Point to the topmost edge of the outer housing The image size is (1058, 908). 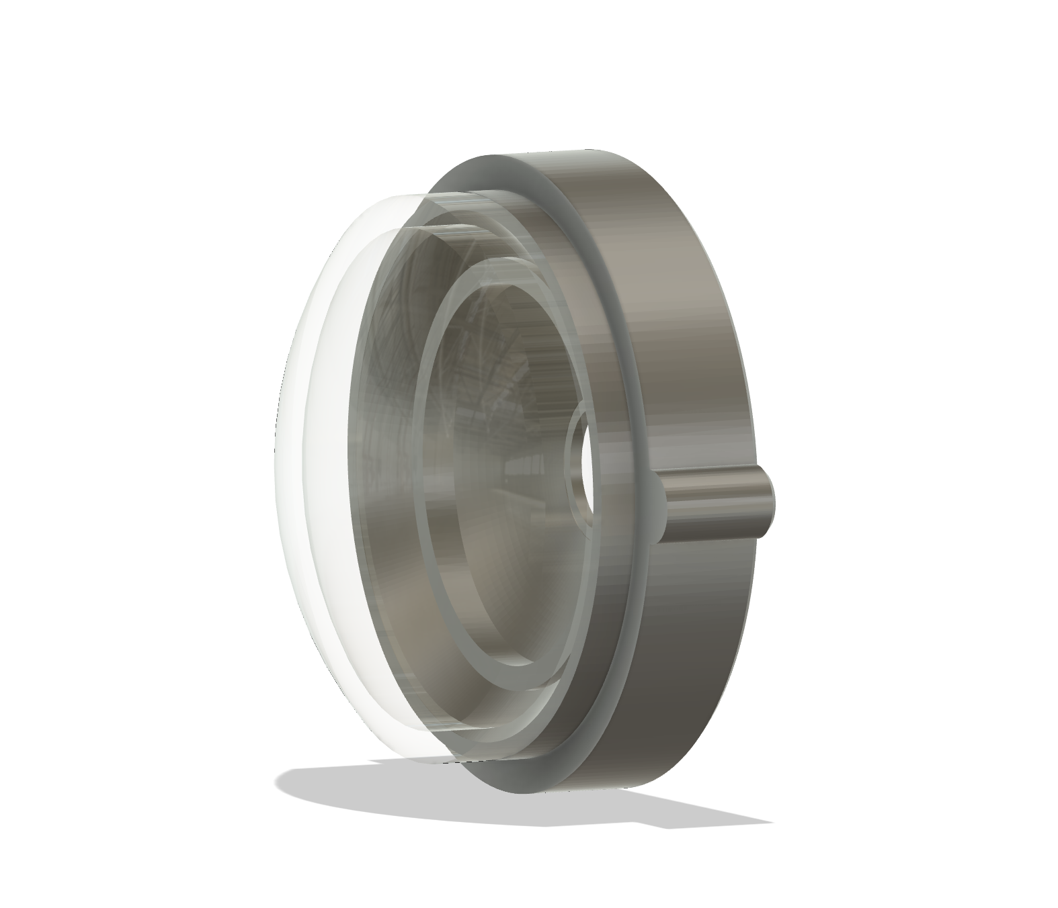click(585, 150)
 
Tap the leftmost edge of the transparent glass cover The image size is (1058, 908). click(276, 470)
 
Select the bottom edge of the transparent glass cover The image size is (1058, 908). click(417, 763)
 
